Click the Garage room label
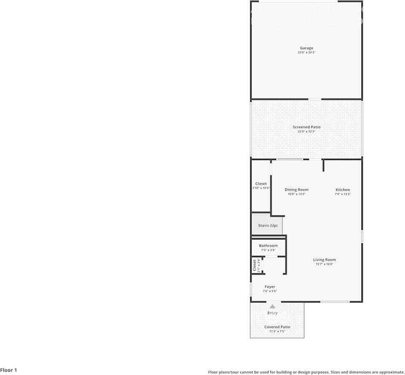click(306, 48)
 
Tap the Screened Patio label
click(306, 127)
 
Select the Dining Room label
click(296, 190)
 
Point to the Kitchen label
click(343, 190)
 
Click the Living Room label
click(324, 260)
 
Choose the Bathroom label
click(268, 246)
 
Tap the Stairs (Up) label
click(268, 226)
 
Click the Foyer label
click(270, 287)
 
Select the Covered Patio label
click(277, 327)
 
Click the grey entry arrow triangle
click(273, 307)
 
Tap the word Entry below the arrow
click(273, 313)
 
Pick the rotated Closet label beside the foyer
click(254, 265)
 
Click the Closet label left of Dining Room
click(261, 184)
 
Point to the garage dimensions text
click(306, 52)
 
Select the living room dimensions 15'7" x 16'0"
click(324, 264)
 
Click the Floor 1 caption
click(9, 370)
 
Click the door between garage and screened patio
click(315, 100)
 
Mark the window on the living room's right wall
click(362, 236)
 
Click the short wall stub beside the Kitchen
click(323, 165)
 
